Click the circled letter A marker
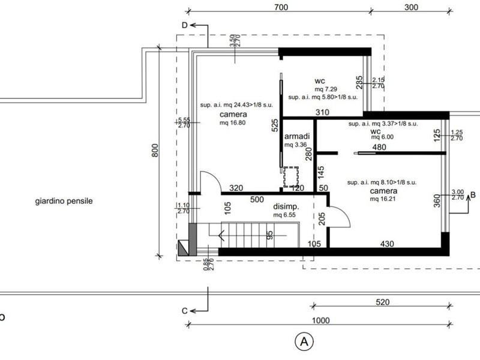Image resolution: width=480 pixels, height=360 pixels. tap(304, 341)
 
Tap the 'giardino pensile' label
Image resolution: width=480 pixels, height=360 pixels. tap(64, 201)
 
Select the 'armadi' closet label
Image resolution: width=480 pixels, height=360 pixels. tap(297, 136)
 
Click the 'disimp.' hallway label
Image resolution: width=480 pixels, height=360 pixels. tap(286, 206)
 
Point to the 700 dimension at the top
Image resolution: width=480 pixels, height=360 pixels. tap(281, 7)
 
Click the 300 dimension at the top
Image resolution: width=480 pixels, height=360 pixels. tap(411, 7)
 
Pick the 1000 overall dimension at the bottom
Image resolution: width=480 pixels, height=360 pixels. tap(320, 320)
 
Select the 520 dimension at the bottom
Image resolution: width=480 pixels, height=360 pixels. tap(383, 302)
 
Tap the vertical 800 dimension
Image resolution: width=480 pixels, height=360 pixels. tap(155, 151)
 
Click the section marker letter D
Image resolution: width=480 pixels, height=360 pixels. tap(185, 25)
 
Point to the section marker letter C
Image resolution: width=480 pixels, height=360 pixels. tap(184, 311)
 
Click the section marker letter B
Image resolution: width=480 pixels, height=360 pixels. tap(473, 195)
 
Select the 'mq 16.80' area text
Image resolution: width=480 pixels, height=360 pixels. tap(232, 123)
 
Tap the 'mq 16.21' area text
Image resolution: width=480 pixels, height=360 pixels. tap(383, 199)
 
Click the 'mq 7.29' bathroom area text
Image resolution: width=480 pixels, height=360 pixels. tap(326, 89)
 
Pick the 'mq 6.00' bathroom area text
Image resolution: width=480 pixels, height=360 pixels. tap(382, 137)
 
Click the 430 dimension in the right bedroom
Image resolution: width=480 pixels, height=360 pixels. tap(387, 244)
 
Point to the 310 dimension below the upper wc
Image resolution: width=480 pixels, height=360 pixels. tap(322, 112)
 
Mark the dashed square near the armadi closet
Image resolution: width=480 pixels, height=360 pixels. tap(291, 177)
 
